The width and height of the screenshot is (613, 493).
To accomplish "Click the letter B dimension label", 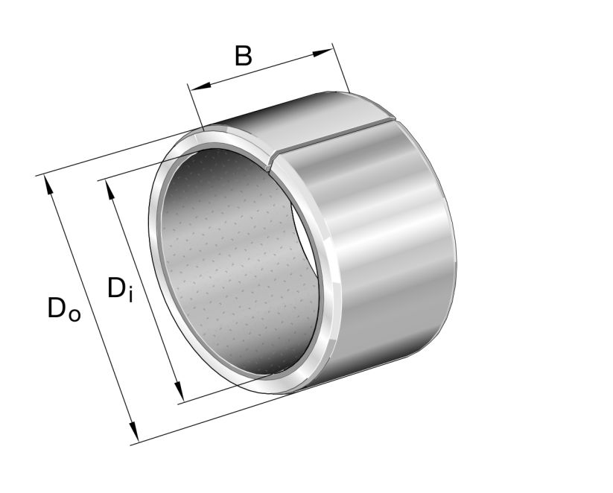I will [243, 56].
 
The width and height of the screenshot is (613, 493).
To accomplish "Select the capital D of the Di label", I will [116, 288].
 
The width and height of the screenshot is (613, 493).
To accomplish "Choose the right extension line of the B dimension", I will [341, 71].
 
